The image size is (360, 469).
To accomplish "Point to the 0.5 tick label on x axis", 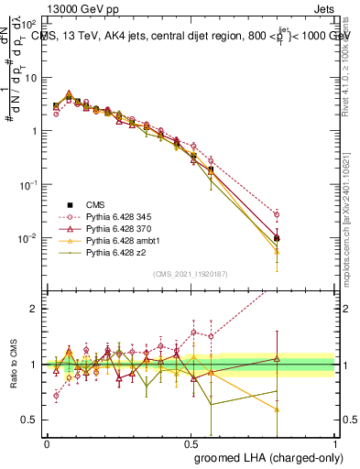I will (191, 443).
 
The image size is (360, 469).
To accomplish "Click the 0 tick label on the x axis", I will (47, 443).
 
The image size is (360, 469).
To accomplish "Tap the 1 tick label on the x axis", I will (335, 443).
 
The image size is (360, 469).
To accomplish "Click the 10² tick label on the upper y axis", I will (28, 23).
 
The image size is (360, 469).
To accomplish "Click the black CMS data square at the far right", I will (277, 238).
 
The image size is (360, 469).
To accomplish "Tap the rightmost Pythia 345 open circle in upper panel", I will (277, 215).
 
